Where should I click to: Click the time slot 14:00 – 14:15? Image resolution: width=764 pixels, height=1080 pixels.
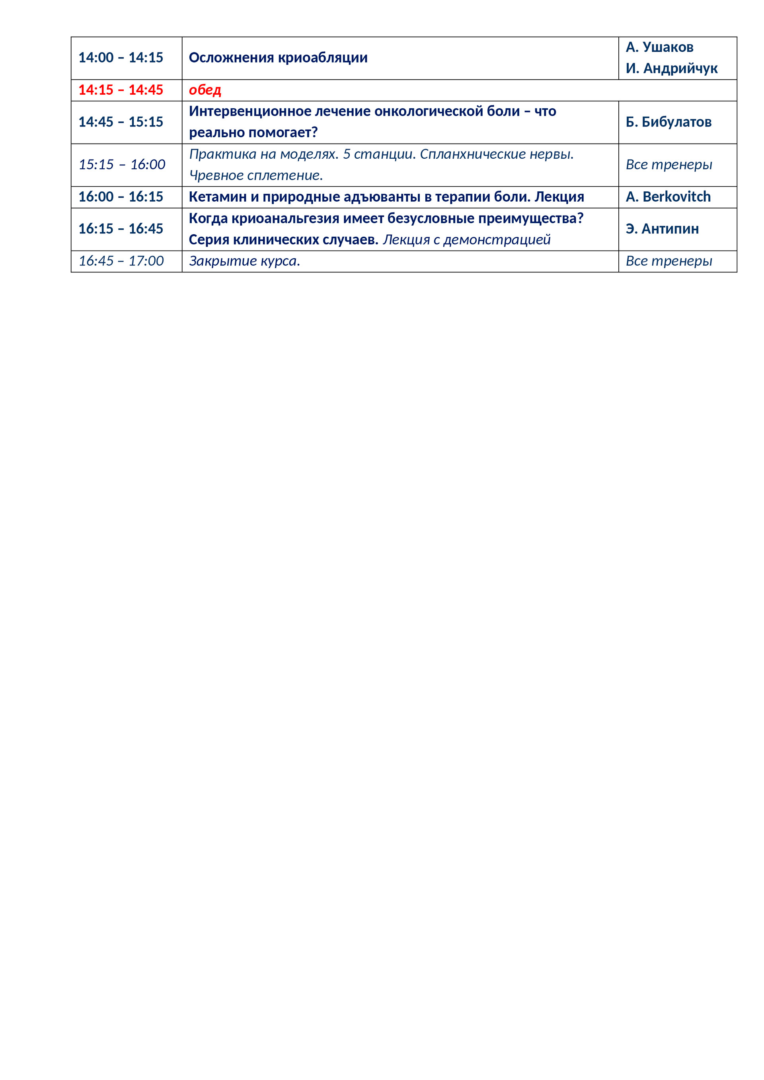coord(121,58)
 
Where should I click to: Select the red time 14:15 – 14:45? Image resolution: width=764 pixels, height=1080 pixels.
coord(121,90)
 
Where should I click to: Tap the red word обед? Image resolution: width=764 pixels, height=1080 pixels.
coord(205,90)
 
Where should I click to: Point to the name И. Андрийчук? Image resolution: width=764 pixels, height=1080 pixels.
coord(671,69)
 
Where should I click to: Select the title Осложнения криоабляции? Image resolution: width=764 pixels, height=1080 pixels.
coord(278,58)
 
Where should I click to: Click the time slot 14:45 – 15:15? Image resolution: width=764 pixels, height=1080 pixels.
coord(121,122)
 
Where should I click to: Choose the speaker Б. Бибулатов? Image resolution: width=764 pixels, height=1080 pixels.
coord(668,122)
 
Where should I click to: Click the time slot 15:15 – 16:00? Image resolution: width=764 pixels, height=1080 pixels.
coord(121,165)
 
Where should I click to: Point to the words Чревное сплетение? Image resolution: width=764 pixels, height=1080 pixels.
coord(255,175)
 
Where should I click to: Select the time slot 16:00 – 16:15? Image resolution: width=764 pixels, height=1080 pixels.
coord(121,197)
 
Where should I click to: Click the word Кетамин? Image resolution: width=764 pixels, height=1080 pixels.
coord(217,197)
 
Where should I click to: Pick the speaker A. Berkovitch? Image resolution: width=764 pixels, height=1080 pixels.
coord(668,197)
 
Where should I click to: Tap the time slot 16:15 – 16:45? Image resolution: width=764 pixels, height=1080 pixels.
coord(121,229)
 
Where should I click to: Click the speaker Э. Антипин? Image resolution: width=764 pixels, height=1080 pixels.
coord(662,229)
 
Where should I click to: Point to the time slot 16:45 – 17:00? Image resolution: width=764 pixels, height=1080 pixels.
coord(121,261)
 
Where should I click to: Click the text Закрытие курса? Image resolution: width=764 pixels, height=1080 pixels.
coord(244,261)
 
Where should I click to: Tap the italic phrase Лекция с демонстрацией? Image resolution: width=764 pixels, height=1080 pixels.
coord(466,240)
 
